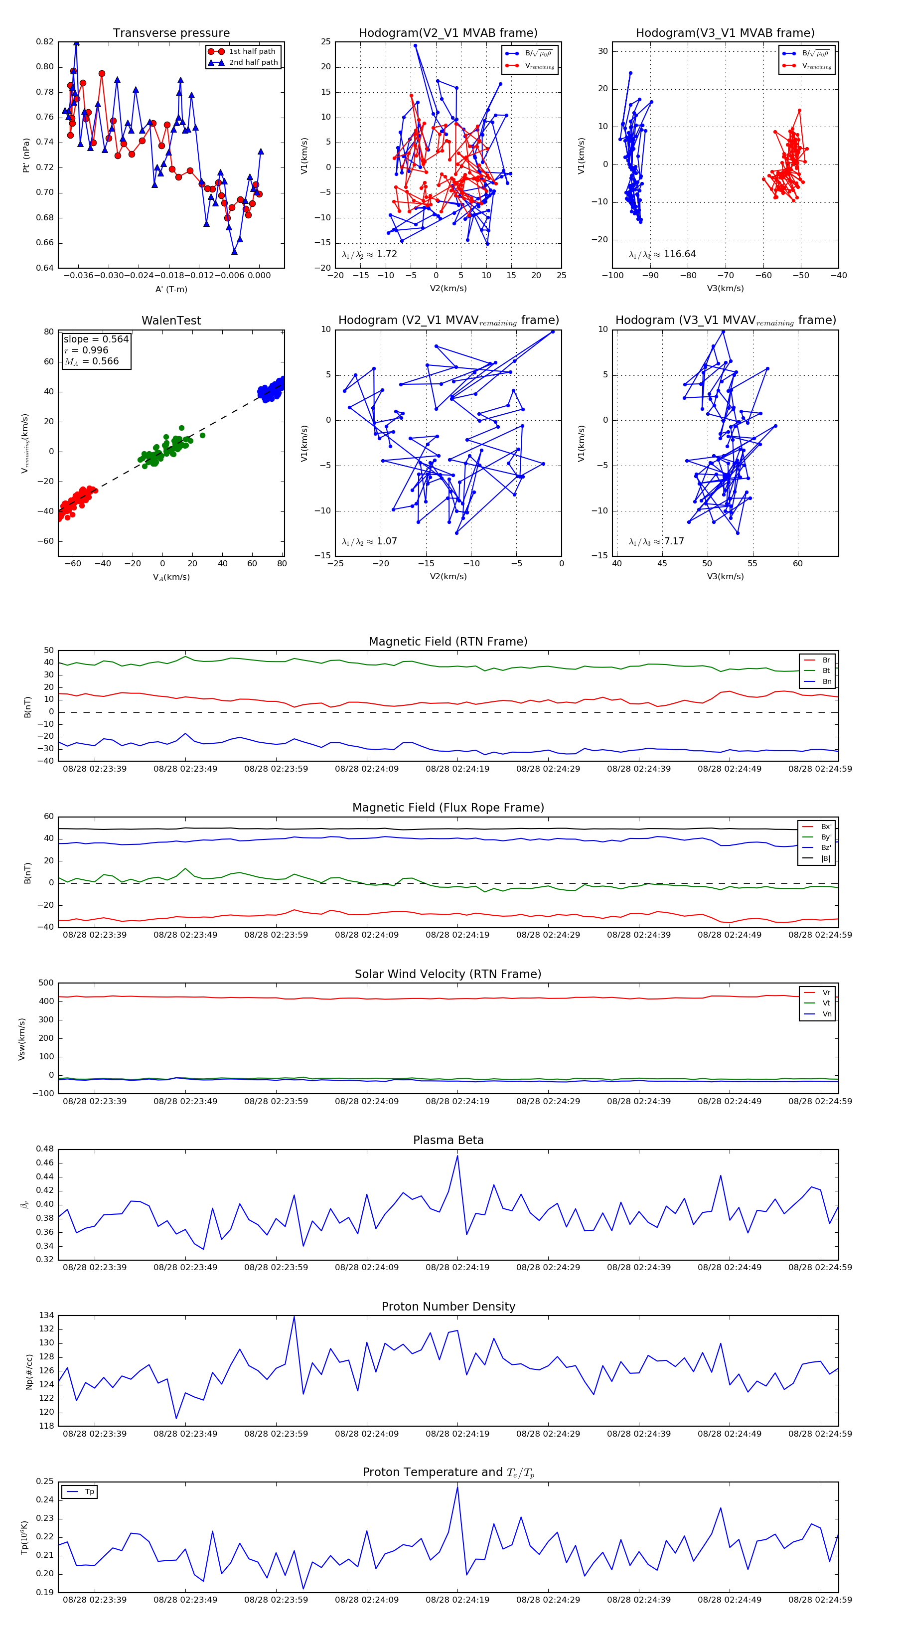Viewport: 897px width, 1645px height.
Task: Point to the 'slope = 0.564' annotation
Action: coord(96,339)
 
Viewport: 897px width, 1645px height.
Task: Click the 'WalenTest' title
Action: coord(171,321)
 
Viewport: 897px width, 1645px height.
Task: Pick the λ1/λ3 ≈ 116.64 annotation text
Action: coord(662,254)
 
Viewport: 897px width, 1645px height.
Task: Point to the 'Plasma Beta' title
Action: coord(448,1141)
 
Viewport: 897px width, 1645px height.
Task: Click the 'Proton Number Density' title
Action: coord(448,1307)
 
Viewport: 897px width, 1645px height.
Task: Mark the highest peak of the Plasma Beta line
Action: coord(457,1156)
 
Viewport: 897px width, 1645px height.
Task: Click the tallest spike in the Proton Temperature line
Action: coord(457,1487)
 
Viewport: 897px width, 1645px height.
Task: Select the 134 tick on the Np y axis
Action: coord(46,1316)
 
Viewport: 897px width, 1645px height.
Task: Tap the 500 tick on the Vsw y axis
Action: coord(46,983)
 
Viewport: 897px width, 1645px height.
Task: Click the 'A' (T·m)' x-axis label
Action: coord(171,289)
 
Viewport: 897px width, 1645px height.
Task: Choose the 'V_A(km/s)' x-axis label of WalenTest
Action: coord(171,577)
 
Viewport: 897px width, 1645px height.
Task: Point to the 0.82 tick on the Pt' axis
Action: coord(45,41)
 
